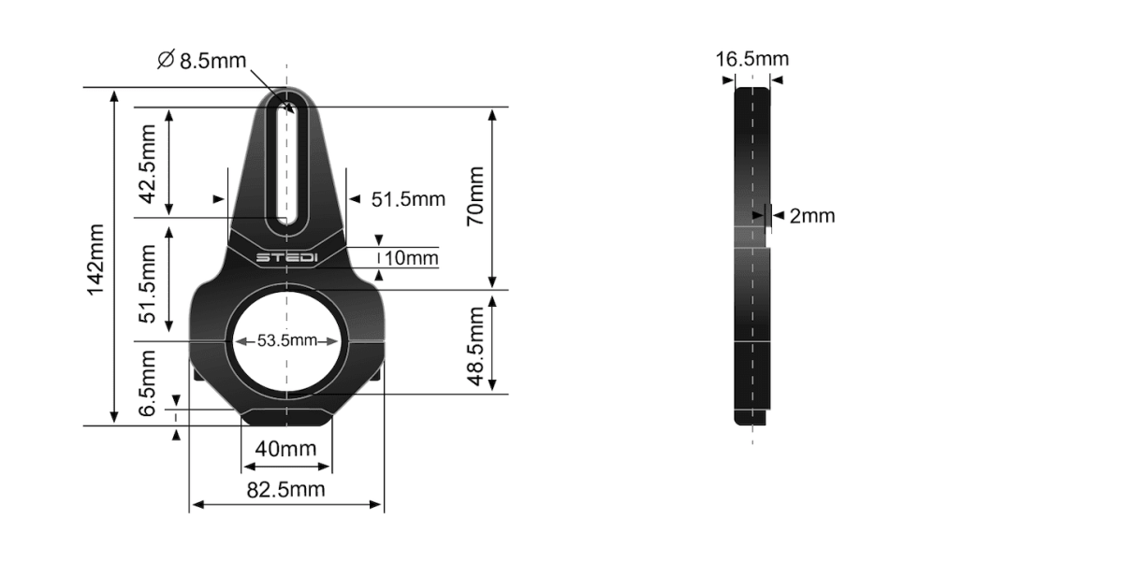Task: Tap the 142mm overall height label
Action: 95,260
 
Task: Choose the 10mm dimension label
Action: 410,257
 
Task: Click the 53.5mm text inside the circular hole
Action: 286,340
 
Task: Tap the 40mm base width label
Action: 285,449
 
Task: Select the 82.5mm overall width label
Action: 285,489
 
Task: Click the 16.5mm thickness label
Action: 752,60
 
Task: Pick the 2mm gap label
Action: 811,216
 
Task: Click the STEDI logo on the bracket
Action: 286,256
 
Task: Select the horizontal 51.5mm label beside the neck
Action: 408,199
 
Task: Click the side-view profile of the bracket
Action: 751,252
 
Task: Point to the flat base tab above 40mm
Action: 286,417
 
